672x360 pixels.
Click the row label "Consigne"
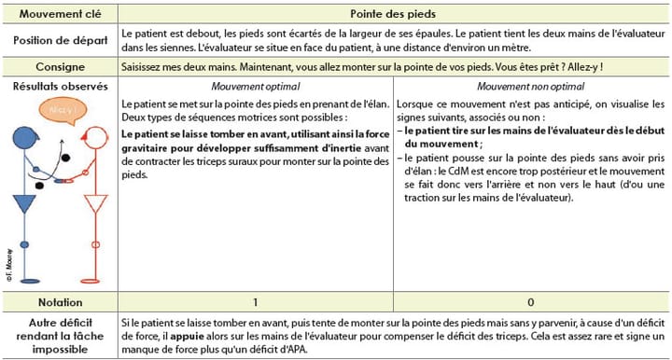pyautogui.click(x=60, y=67)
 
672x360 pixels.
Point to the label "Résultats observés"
pyautogui.click(x=60, y=86)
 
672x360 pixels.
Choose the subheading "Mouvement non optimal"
pyautogui.click(x=530, y=86)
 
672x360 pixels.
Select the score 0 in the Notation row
pyautogui.click(x=530, y=303)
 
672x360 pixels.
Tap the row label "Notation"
pyautogui.click(x=60, y=303)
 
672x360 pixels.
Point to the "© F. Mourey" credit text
pyautogui.click(x=7, y=264)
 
